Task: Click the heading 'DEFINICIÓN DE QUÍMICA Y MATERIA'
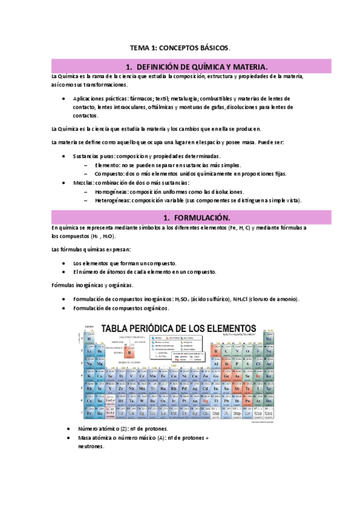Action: (199, 66)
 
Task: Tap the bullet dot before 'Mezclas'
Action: (64, 183)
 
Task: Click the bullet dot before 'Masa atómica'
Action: (64, 437)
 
